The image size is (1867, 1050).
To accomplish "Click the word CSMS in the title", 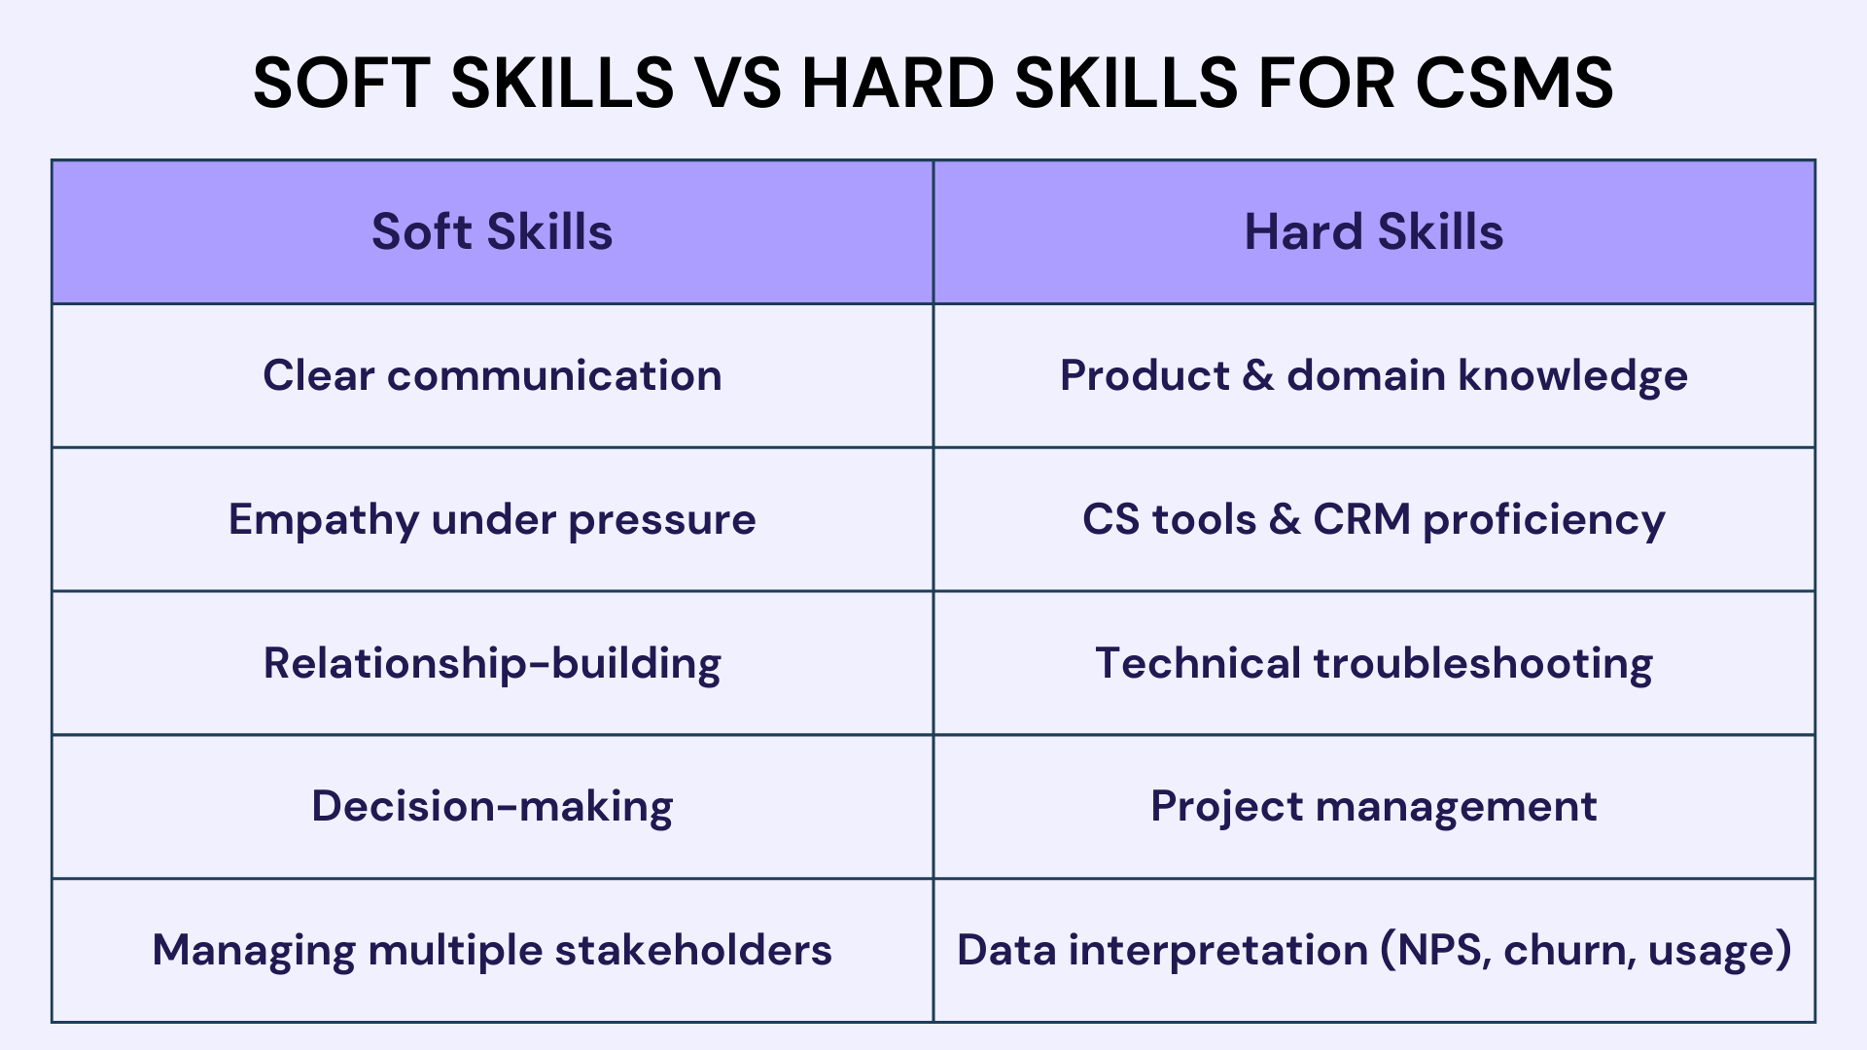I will pos(1514,83).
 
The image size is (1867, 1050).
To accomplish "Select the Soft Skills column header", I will pos(492,232).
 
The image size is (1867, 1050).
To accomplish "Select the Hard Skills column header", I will pos(1373,232).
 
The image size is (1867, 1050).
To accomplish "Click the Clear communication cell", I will pos(492,376).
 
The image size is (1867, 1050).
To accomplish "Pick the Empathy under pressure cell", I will pos(492,520).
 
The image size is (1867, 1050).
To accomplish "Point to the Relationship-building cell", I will pos(492,664).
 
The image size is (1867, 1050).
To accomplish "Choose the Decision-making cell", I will pos(492,807).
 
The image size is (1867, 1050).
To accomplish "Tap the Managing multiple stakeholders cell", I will pos(492,950).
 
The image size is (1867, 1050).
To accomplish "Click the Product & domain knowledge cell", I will pos(1373,376).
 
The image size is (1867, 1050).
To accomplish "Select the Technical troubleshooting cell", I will pos(1373,664).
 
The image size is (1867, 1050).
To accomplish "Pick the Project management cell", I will pos(1373,807).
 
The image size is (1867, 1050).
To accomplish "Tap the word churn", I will pos(1565,950).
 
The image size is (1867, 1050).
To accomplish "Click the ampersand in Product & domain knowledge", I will pos(1257,376).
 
